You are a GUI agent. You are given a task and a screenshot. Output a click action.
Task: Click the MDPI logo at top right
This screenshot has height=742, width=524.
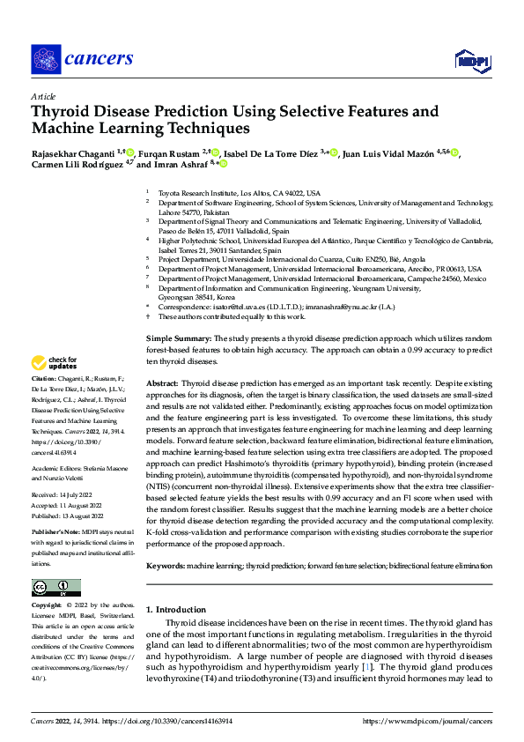tap(472, 59)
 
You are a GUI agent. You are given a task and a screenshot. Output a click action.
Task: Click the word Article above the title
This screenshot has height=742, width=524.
tap(42, 95)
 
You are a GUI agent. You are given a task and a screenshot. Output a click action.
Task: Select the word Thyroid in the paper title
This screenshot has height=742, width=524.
tap(62, 112)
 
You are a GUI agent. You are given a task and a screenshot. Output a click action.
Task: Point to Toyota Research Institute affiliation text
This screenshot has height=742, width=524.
tap(239, 193)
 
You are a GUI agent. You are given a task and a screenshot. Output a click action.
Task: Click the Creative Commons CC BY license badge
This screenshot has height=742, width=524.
tap(55, 588)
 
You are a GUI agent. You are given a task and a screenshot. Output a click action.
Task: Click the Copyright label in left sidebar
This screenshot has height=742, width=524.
tap(47, 605)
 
